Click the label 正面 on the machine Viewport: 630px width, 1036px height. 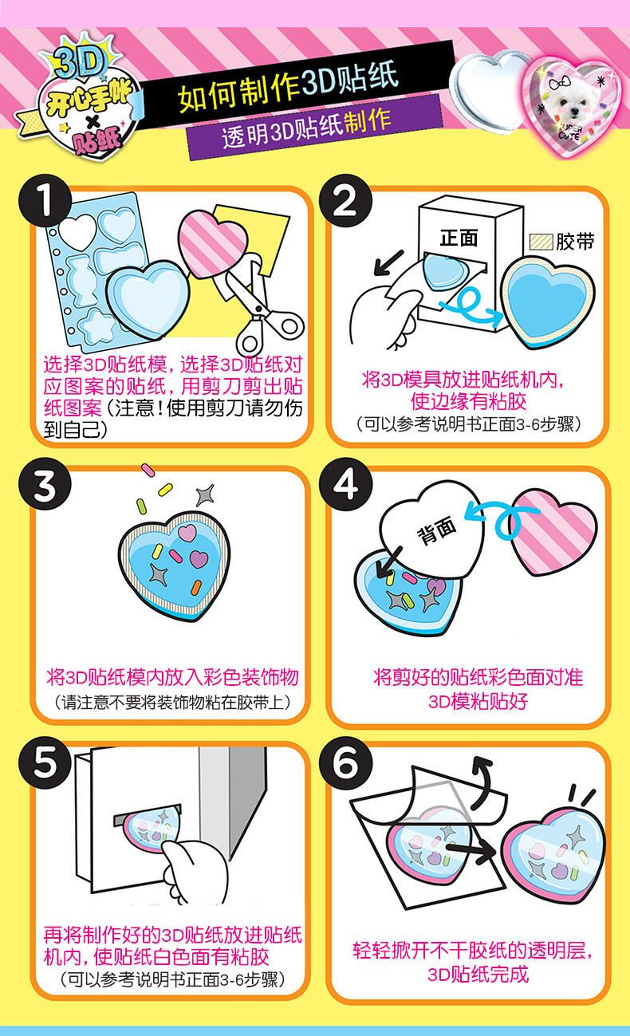[459, 238]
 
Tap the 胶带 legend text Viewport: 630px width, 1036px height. [575, 242]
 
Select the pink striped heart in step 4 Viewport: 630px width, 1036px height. [553, 532]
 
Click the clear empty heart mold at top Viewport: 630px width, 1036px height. [490, 90]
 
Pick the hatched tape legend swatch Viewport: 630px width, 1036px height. [541, 242]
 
